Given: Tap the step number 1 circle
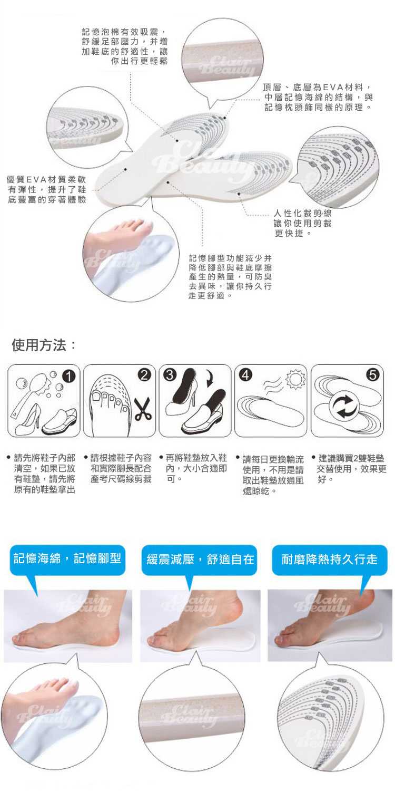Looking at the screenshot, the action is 69,377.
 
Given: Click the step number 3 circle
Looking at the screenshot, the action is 170,374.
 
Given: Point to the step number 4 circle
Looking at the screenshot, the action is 246,374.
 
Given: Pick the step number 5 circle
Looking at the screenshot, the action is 373,374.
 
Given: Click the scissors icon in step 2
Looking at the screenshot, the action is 143,409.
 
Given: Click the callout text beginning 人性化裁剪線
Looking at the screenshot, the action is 303,223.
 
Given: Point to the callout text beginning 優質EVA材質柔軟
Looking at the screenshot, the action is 46,190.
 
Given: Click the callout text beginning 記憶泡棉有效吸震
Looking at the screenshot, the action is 125,46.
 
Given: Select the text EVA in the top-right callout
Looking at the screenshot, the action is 333,87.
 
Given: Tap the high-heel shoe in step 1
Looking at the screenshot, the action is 28,419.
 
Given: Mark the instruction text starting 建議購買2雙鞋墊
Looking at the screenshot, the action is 351,469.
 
